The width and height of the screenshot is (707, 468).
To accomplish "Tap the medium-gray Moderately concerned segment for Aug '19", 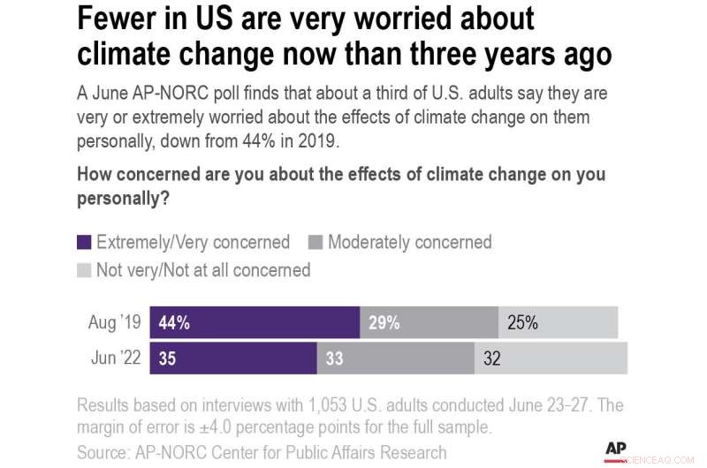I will point(429,323).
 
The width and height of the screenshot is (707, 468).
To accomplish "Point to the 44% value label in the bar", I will point(174,323).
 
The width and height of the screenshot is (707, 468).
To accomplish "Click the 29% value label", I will point(384,323).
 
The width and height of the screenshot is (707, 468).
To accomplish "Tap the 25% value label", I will point(522,323).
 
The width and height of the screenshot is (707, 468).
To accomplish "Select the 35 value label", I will point(168,359).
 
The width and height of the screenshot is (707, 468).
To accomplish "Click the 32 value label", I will point(492,359).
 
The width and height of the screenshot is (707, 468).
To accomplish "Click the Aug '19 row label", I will point(115,323).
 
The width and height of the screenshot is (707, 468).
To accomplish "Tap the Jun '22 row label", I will point(115,359).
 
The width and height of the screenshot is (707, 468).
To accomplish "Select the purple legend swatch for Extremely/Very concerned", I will point(85,242).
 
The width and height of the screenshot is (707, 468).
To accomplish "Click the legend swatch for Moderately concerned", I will point(315,242).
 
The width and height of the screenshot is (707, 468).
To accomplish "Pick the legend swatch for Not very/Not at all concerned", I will point(85,270).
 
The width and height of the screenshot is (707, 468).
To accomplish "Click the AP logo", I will point(616,449).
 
